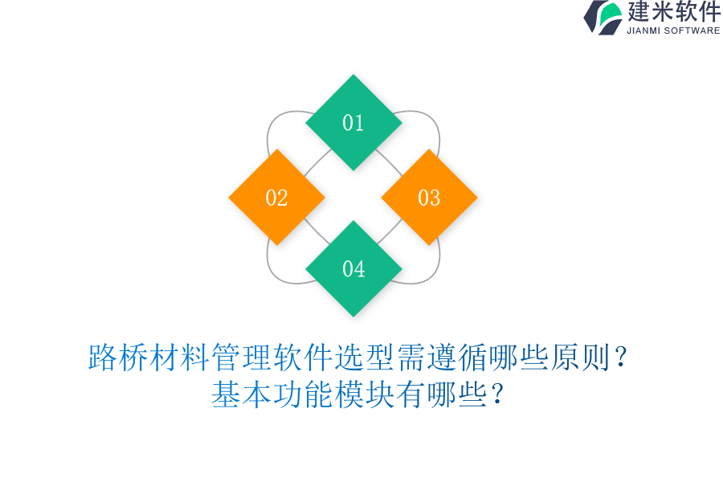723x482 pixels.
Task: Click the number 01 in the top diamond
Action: tap(353, 123)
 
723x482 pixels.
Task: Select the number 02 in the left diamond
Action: tap(276, 198)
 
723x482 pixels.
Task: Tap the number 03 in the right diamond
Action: tap(429, 198)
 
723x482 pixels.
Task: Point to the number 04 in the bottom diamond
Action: tap(353, 269)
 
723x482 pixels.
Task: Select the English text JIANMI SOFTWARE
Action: tap(673, 31)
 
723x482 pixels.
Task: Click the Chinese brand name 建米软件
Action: tap(674, 11)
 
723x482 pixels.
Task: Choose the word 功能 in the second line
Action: tap(303, 394)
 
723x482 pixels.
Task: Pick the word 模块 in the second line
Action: tap(364, 394)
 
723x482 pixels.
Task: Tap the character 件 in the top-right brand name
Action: tap(709, 11)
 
